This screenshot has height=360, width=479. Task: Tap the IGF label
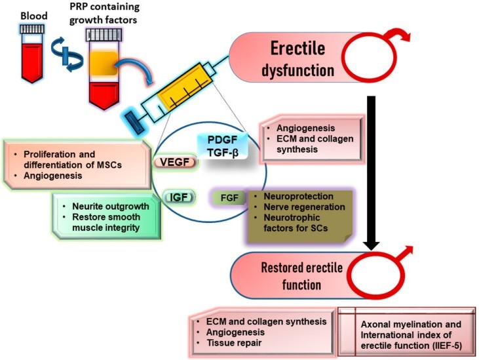coord(175,195)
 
